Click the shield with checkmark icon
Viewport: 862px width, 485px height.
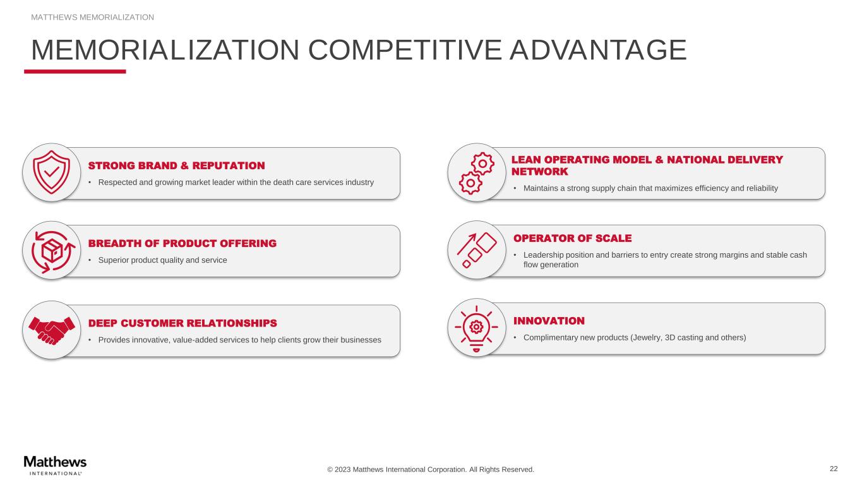click(52, 172)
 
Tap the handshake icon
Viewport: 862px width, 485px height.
click(52, 330)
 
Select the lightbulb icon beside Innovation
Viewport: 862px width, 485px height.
click(476, 328)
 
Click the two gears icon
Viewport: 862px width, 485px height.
click(476, 173)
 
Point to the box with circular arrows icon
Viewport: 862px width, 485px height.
click(52, 252)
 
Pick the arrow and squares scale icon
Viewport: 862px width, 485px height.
click(477, 250)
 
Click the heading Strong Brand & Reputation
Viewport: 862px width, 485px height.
click(177, 166)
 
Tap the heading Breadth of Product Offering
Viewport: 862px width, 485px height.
click(183, 244)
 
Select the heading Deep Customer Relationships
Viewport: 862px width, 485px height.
click(183, 323)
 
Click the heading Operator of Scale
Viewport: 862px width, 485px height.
click(573, 239)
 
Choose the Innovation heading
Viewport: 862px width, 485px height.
click(549, 321)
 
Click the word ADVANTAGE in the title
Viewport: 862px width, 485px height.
click(599, 50)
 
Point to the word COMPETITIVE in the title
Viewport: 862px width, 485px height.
click(405, 50)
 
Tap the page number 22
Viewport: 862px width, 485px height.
click(834, 469)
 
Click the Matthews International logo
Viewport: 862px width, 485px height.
click(55, 466)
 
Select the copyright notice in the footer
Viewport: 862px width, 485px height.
click(431, 470)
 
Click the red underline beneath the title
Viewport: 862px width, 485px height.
click(75, 71)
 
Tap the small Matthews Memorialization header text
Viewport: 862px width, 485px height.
click(92, 17)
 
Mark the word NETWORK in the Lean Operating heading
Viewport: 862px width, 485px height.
click(539, 172)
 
